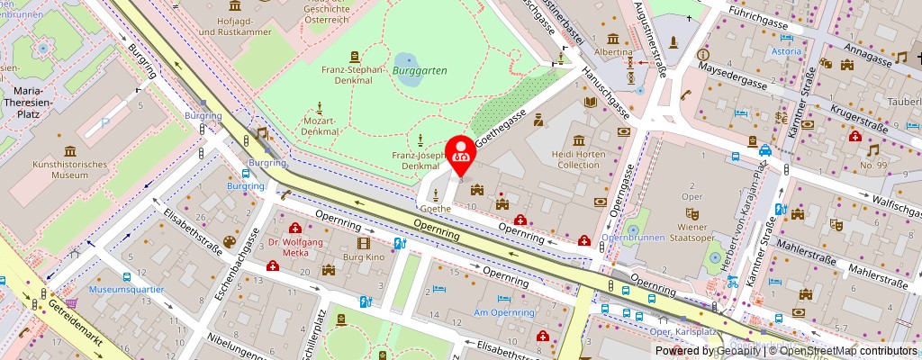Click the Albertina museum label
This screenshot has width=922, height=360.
coord(614,53)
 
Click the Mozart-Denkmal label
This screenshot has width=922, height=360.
coord(321,125)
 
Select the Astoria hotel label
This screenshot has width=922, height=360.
coord(784,51)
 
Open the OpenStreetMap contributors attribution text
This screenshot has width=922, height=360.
coord(850,351)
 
